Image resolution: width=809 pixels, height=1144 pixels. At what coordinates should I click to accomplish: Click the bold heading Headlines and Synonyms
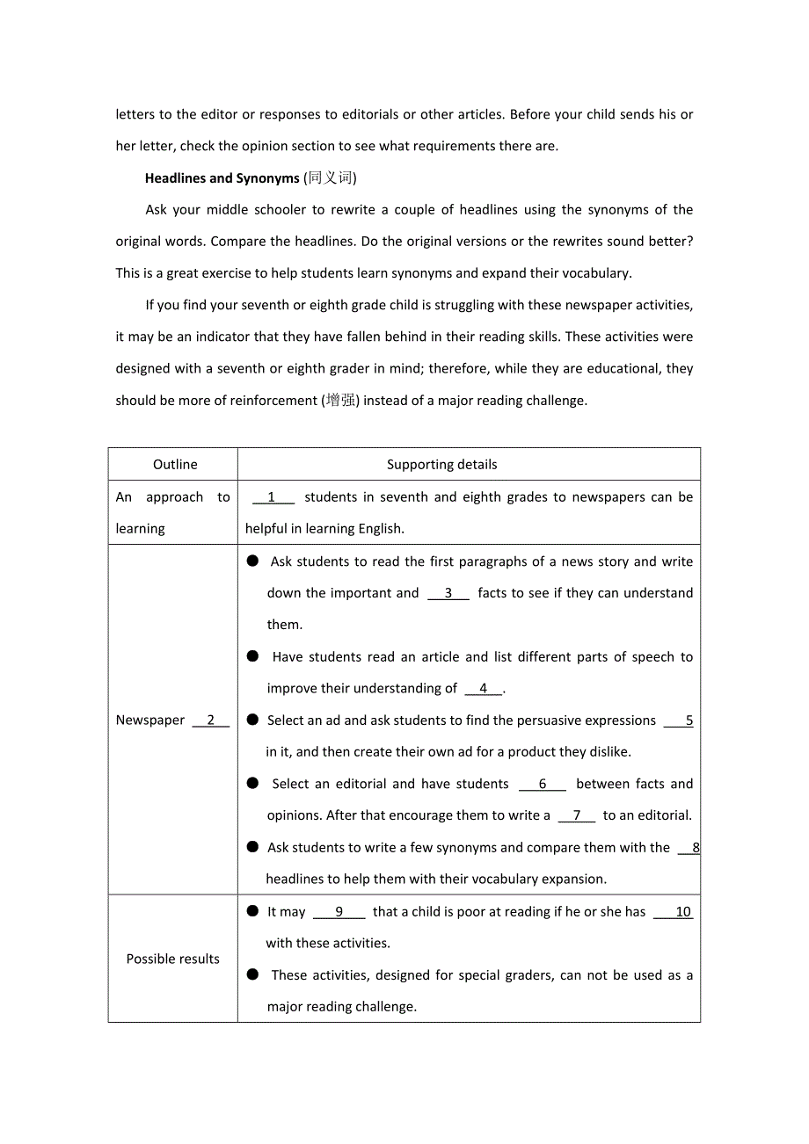pyautogui.click(x=222, y=178)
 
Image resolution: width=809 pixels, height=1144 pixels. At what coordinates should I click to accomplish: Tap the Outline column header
pyautogui.click(x=175, y=465)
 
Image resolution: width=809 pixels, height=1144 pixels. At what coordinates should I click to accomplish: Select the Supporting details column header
pyautogui.click(x=441, y=465)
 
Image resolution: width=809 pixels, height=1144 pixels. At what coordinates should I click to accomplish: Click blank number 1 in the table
pyautogui.click(x=272, y=497)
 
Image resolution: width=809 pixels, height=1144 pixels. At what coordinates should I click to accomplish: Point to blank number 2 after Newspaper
pyautogui.click(x=210, y=720)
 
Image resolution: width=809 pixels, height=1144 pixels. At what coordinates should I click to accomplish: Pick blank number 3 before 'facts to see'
pyautogui.click(x=448, y=593)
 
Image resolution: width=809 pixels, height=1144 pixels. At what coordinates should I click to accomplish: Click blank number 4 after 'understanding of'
pyautogui.click(x=483, y=689)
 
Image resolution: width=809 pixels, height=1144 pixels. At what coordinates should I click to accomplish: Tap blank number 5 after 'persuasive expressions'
pyautogui.click(x=689, y=720)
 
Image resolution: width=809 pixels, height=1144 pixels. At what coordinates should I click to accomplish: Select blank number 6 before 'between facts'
pyautogui.click(x=542, y=784)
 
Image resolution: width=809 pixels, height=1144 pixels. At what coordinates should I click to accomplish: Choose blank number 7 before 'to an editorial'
pyautogui.click(x=577, y=815)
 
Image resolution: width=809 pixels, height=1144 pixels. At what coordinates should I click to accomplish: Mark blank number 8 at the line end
pyautogui.click(x=695, y=848)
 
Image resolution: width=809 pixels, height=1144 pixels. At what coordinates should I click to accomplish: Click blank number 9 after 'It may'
pyautogui.click(x=339, y=912)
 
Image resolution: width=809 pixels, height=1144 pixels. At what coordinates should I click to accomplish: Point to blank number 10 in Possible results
pyautogui.click(x=682, y=912)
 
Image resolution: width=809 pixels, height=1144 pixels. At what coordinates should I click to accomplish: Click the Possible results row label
pyautogui.click(x=173, y=959)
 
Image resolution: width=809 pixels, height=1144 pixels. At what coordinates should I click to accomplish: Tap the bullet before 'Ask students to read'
pyautogui.click(x=253, y=561)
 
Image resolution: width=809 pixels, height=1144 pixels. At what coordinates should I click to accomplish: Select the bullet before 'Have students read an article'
pyautogui.click(x=253, y=655)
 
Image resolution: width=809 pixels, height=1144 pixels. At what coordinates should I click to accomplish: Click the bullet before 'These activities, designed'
pyautogui.click(x=253, y=974)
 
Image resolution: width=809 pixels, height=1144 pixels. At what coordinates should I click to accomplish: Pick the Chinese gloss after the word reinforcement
pyautogui.click(x=341, y=401)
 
